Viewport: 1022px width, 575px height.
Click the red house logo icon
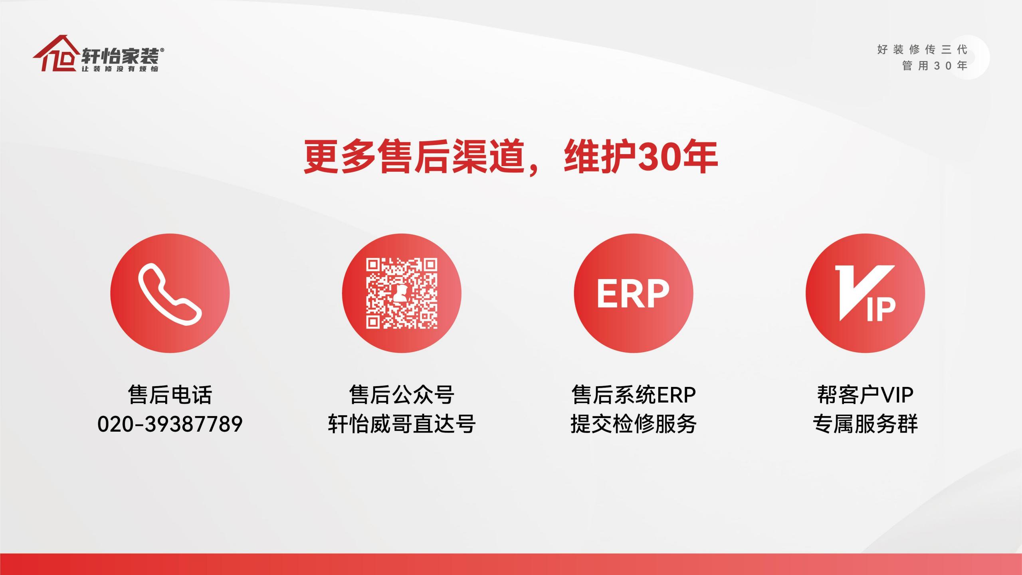pos(56,54)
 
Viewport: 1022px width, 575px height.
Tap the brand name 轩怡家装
pos(120,56)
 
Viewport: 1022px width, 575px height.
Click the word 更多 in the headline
pos(340,157)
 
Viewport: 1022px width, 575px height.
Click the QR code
pos(402,293)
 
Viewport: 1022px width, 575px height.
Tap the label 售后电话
pos(170,395)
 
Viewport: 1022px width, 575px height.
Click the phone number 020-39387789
pos(170,424)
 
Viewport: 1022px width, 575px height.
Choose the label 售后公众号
pos(402,395)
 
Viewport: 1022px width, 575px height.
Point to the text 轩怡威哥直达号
pos(402,424)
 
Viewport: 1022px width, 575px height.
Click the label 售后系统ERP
pos(634,395)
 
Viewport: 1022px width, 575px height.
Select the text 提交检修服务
pos(634,424)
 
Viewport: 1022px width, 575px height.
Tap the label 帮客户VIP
pos(865,395)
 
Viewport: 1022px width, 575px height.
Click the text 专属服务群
pos(865,424)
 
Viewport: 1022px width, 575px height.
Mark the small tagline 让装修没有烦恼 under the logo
pos(120,69)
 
